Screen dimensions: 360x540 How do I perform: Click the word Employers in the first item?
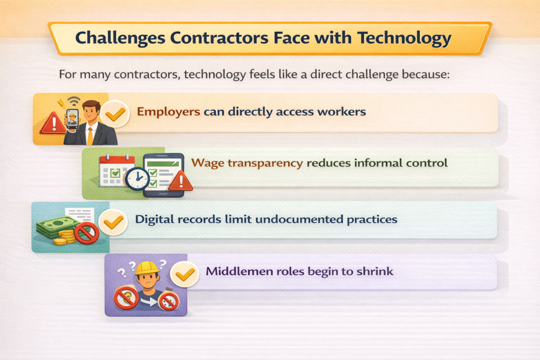(168, 112)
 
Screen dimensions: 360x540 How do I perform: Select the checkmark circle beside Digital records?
(112, 222)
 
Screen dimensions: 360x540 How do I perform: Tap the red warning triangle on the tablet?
(180, 181)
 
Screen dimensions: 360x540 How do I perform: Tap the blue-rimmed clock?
(137, 180)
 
